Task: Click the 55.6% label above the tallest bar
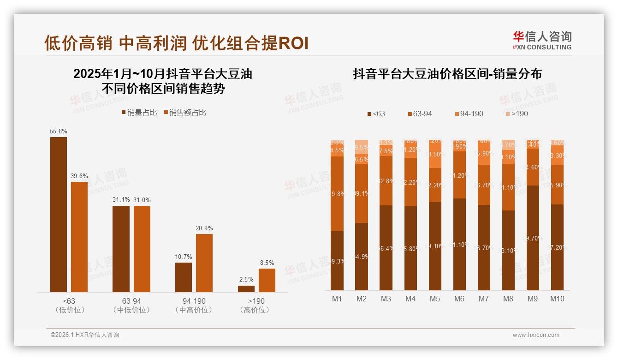[59, 132]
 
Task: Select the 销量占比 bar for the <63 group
[59, 215]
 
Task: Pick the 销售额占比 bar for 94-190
[204, 263]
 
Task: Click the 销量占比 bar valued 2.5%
[246, 289]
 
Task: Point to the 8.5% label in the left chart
[267, 263]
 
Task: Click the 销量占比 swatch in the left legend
[124, 113]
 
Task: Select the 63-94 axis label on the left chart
[131, 301]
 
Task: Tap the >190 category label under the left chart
[255, 301]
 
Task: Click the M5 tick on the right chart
[435, 299]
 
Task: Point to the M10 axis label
[557, 299]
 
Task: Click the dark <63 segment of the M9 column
[533, 238]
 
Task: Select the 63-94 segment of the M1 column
[337, 194]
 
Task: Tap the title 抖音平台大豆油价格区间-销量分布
[447, 74]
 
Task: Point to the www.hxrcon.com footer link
[536, 335]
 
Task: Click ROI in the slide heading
[294, 43]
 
